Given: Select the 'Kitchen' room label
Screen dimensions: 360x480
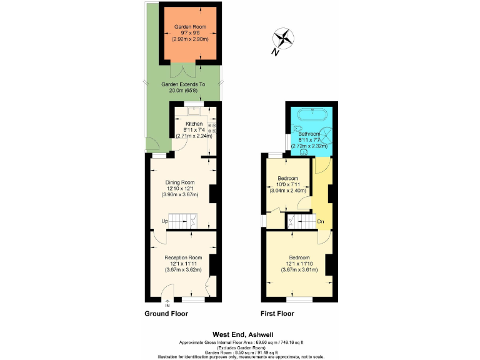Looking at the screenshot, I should point(194,124).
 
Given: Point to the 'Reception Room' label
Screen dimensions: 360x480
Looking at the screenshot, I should point(183,257).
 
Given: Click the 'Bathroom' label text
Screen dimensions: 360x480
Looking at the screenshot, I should point(309,134).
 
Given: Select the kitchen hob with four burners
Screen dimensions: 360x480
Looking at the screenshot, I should point(211,127).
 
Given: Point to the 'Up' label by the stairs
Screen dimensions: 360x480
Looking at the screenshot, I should point(165,221).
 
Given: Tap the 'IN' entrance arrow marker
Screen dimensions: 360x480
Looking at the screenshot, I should point(167,304).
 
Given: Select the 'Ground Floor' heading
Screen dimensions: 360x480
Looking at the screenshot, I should point(166,314).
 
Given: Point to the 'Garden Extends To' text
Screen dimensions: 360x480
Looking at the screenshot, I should point(183,84).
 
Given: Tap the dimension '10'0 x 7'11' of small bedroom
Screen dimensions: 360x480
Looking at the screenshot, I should point(288,184).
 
